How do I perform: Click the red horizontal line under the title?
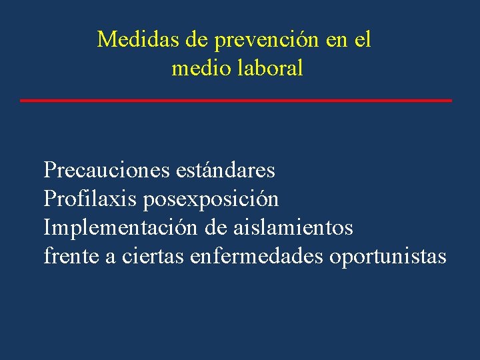[236, 100]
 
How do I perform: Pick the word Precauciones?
[106, 171]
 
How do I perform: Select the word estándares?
[225, 171]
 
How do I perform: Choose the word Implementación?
[120, 229]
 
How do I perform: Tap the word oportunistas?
[388, 257]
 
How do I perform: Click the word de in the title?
[197, 40]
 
